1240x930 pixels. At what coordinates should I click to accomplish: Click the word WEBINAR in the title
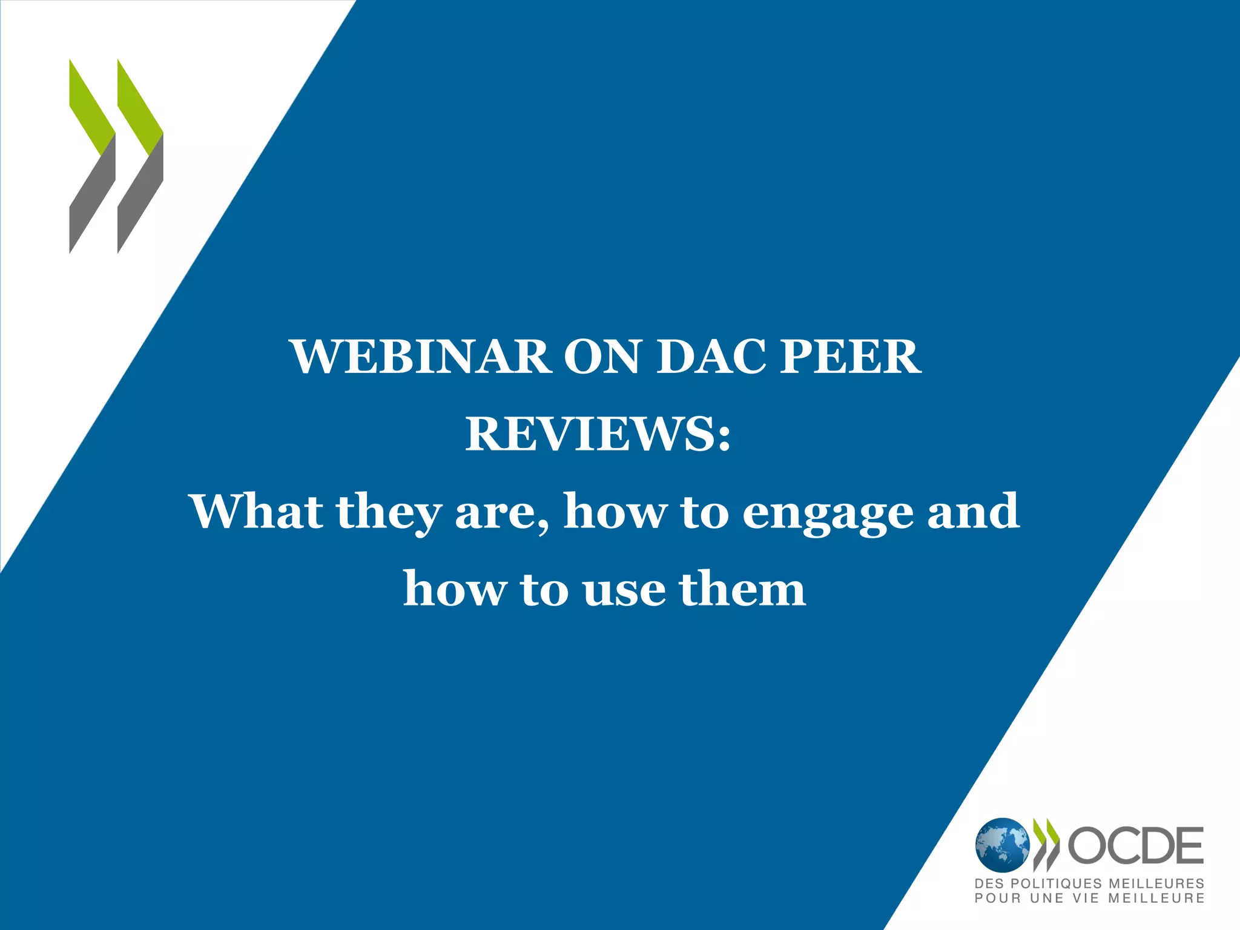(x=421, y=357)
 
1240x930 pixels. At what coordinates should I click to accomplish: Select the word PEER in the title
(x=850, y=357)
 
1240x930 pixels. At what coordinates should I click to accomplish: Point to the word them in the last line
(x=742, y=589)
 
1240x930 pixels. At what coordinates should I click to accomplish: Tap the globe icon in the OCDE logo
(x=1002, y=845)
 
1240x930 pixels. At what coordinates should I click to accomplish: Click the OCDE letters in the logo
(x=1136, y=845)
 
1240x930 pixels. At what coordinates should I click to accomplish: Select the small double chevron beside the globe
(x=1046, y=845)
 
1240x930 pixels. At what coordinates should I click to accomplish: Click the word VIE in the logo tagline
(x=1086, y=899)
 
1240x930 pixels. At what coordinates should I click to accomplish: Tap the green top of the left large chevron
(x=91, y=106)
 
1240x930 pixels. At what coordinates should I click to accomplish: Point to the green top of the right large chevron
(x=139, y=106)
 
